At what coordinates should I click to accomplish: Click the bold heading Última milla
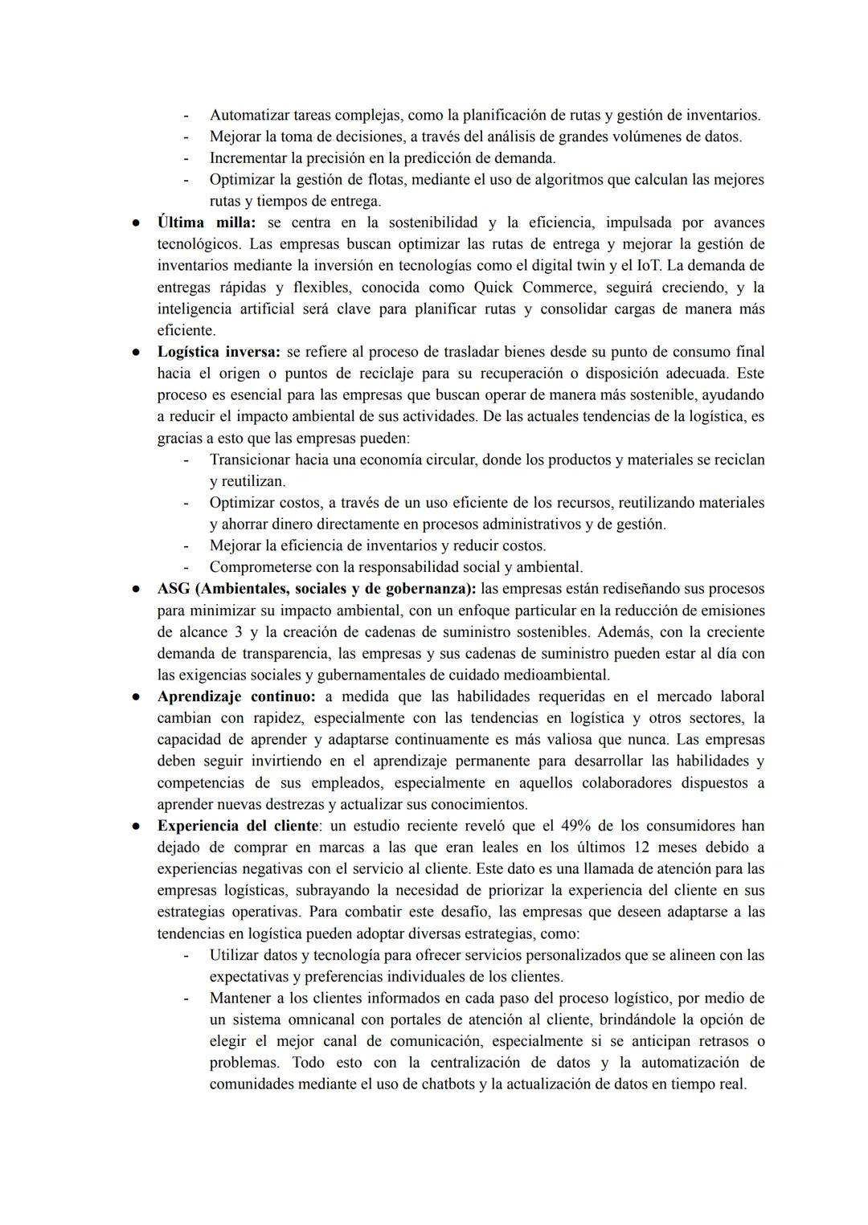tap(205, 223)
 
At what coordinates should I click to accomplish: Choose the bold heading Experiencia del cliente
tap(237, 826)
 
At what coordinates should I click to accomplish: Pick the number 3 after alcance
tap(240, 632)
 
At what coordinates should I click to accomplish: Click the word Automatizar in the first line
tap(249, 115)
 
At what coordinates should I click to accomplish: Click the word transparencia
tap(285, 654)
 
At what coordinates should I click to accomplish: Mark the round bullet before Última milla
tap(137, 223)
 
